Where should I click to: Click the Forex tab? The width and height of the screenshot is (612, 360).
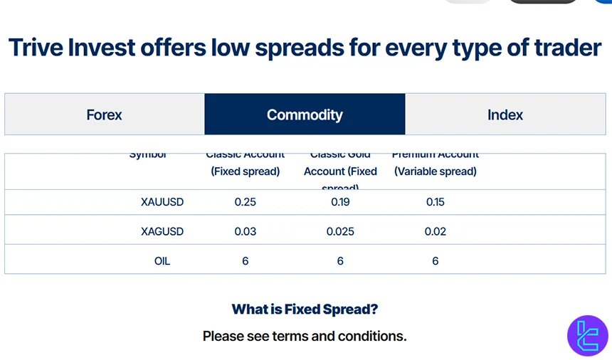pyautogui.click(x=104, y=115)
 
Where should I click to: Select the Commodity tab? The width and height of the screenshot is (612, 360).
pyautogui.click(x=305, y=115)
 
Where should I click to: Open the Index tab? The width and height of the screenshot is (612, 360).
pyautogui.click(x=505, y=115)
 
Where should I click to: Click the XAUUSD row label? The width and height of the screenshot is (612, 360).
pyautogui.click(x=162, y=202)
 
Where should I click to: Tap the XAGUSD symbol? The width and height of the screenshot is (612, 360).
pyautogui.click(x=162, y=231)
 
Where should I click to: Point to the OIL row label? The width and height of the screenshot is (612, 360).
pyautogui.click(x=162, y=261)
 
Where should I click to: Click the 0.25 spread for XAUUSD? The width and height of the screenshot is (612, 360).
pyautogui.click(x=246, y=202)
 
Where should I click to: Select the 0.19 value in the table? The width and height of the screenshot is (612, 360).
pyautogui.click(x=340, y=202)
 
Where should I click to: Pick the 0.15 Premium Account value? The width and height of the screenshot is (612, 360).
pyautogui.click(x=436, y=202)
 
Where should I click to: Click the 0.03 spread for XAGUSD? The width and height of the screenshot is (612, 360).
pyautogui.click(x=246, y=231)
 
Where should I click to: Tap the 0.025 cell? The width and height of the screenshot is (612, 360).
pyautogui.click(x=340, y=231)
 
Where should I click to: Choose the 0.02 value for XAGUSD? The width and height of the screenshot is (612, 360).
pyautogui.click(x=436, y=231)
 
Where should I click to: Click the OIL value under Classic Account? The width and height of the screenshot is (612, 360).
pyautogui.click(x=246, y=261)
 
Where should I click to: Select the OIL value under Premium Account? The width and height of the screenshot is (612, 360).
pyautogui.click(x=436, y=261)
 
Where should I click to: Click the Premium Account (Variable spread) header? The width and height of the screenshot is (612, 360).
pyautogui.click(x=436, y=164)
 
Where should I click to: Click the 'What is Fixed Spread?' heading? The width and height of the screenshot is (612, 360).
pyautogui.click(x=305, y=309)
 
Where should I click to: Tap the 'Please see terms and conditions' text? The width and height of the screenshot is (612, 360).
pyautogui.click(x=305, y=336)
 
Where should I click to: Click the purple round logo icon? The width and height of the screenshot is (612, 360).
pyautogui.click(x=587, y=334)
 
